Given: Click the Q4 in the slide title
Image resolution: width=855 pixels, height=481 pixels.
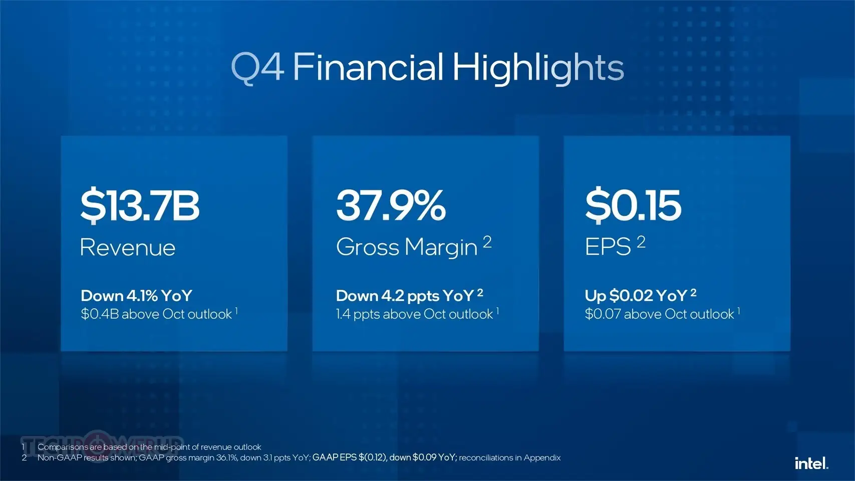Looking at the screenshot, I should (257, 68).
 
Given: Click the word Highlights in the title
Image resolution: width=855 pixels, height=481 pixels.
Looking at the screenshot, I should (538, 68).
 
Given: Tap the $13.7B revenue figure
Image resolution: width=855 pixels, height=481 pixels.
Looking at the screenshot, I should (140, 205).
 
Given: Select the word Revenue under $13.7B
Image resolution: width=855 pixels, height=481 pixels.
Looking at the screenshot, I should (128, 248).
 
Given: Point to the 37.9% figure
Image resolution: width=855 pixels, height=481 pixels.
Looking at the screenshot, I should (391, 205).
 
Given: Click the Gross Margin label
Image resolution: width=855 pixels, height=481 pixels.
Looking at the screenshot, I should (407, 247).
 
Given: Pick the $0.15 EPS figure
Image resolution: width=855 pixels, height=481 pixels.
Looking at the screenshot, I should (633, 205).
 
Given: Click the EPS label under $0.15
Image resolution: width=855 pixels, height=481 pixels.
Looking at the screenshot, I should (608, 247).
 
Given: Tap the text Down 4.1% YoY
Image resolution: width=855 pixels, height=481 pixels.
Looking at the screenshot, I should (136, 296).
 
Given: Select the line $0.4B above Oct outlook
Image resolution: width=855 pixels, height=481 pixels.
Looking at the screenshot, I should (156, 314).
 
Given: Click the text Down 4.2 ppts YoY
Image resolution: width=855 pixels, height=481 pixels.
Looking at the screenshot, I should (405, 296).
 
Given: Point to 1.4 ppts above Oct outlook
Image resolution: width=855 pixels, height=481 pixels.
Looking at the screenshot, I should (414, 314).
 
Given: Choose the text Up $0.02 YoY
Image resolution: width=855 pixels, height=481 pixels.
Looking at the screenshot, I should (636, 296).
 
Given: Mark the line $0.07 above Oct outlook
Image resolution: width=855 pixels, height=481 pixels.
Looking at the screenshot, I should (659, 314).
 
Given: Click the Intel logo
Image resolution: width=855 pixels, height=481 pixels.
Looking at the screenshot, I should (811, 463).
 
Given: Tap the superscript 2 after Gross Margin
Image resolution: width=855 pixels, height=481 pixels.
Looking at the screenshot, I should (487, 242).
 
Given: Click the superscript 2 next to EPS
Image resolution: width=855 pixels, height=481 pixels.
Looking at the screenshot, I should (641, 242).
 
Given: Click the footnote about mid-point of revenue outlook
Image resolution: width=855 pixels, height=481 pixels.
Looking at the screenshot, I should (149, 447).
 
